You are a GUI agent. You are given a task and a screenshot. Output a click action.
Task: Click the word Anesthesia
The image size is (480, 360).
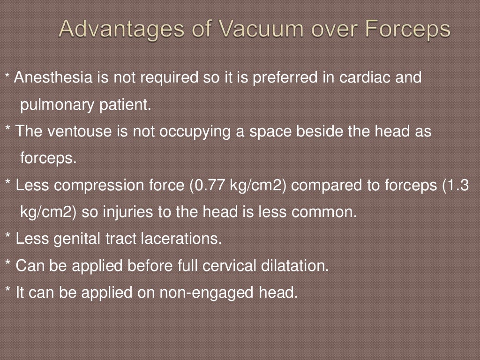[x=53, y=77]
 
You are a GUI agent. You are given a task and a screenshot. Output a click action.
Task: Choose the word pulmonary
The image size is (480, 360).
[x=57, y=105]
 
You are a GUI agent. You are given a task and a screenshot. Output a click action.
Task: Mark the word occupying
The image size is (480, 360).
[x=195, y=132]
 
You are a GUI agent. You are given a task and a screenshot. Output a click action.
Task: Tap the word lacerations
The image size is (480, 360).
[x=181, y=239]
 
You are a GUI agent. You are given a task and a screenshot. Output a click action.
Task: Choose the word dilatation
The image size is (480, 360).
[x=295, y=266]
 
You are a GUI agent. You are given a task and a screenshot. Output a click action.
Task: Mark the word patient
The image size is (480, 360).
[x=125, y=105]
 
